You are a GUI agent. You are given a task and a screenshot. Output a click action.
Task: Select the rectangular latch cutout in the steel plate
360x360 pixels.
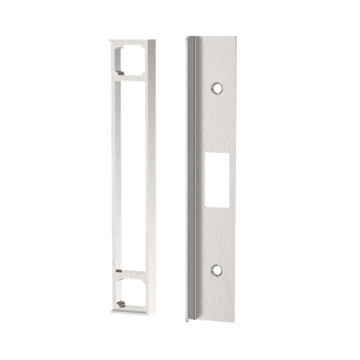coord(215,178)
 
